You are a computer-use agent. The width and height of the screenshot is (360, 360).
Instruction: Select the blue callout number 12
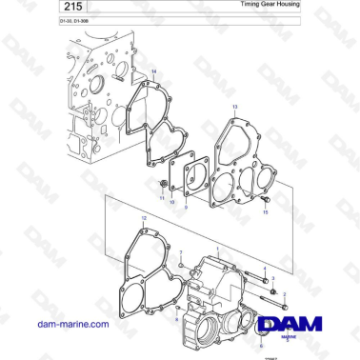[x=144, y=219]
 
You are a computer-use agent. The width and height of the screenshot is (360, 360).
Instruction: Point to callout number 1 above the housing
[x=217, y=249]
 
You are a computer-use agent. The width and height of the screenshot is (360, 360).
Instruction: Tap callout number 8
[x=176, y=320]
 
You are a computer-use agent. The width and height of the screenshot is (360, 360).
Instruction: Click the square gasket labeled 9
[x=195, y=177]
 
